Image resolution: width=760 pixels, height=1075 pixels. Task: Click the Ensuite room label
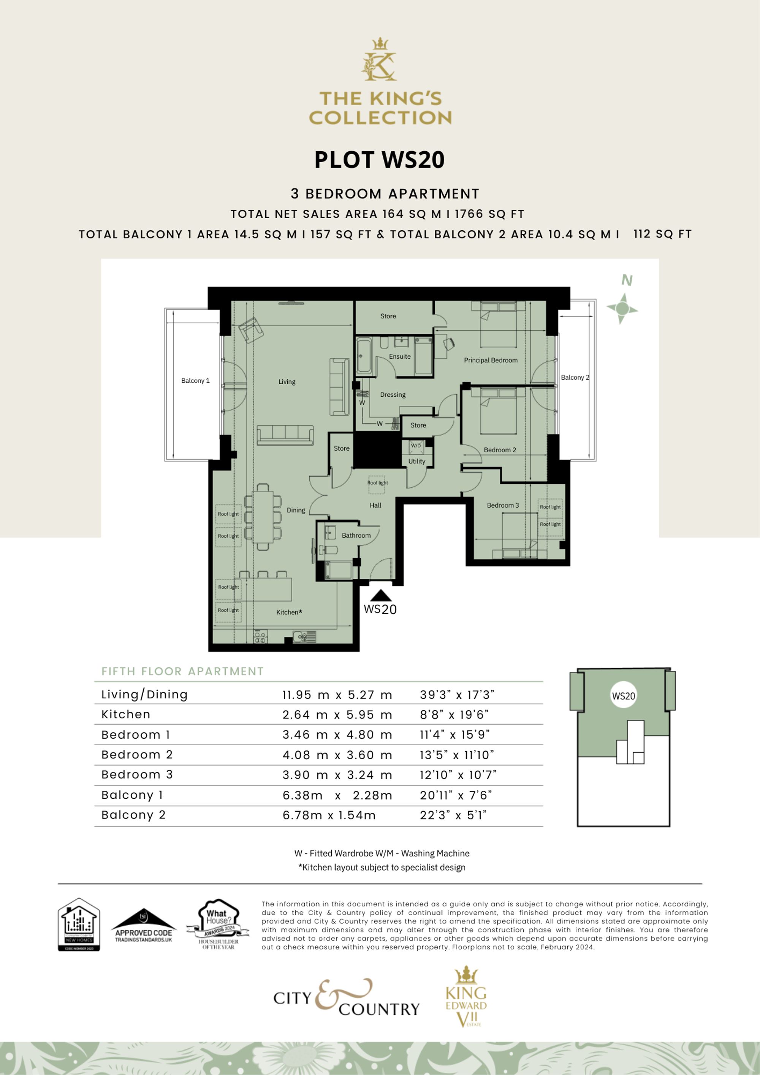click(399, 356)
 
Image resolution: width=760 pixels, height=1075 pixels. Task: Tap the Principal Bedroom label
click(490, 360)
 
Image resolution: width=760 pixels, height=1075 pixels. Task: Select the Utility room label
click(416, 461)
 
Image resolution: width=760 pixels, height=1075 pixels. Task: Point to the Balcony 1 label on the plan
click(195, 381)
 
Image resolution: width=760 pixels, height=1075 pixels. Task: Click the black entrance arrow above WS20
click(381, 595)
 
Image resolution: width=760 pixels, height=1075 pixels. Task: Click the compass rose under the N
click(622, 309)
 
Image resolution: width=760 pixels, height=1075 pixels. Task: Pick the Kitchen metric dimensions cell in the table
click(337, 715)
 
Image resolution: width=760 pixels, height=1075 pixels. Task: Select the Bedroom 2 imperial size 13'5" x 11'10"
click(456, 755)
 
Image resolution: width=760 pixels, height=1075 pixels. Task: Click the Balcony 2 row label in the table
click(133, 815)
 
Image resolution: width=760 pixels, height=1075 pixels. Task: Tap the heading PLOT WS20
click(379, 160)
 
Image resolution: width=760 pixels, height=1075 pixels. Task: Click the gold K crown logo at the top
click(379, 60)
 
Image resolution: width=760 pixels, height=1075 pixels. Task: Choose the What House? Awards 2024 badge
click(218, 924)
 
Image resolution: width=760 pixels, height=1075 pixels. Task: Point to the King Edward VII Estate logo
click(466, 997)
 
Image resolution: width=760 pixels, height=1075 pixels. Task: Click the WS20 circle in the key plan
click(623, 696)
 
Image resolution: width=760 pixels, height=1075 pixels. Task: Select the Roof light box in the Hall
click(377, 484)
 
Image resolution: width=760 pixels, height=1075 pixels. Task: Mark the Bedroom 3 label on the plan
click(502, 505)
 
